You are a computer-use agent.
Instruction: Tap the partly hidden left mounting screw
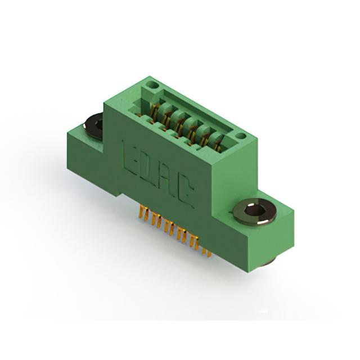click(94, 125)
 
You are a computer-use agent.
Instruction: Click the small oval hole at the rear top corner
click(152, 85)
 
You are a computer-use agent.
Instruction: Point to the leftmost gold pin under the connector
click(141, 211)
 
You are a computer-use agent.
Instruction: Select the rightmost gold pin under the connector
click(209, 252)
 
